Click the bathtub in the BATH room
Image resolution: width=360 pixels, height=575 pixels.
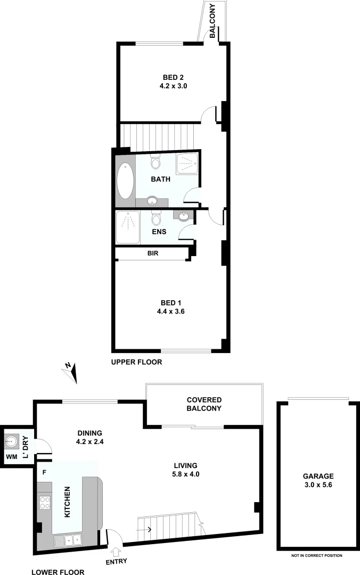125,180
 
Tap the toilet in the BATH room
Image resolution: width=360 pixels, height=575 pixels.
156,160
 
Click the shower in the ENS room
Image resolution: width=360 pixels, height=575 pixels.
128,227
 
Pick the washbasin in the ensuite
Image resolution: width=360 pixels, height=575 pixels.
184,216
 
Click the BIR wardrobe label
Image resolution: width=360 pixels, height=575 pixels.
153,254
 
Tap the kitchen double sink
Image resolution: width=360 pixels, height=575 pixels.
68,540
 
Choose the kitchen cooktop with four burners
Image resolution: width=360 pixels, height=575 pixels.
44,503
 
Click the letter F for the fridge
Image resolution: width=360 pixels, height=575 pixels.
45,472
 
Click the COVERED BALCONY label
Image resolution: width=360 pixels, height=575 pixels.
204,404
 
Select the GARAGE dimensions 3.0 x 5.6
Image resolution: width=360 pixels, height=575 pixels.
319,485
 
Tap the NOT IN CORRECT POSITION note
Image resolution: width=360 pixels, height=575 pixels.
316,555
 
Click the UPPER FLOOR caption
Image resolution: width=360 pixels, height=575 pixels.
136,362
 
